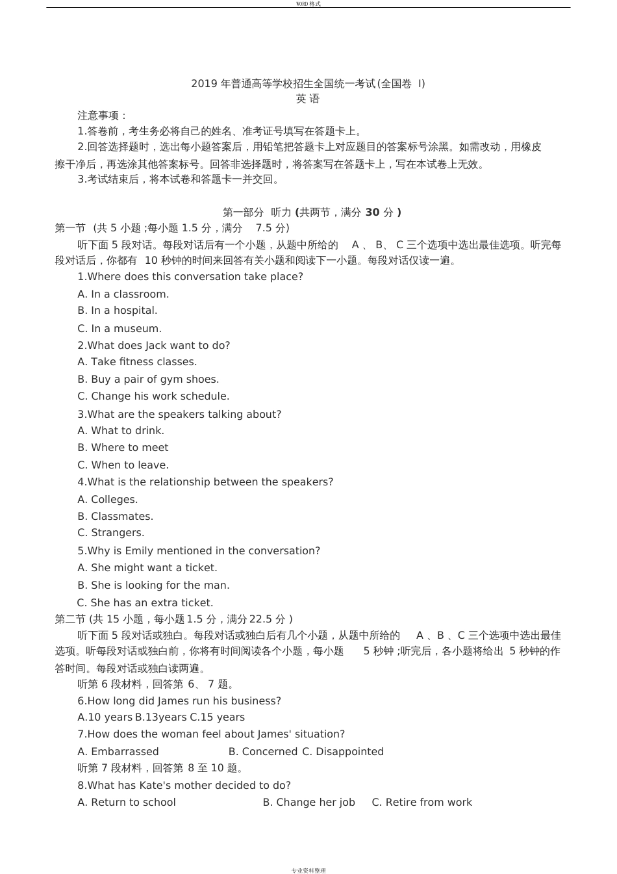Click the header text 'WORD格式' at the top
click(308, 4)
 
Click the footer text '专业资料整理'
click(308, 870)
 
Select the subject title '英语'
click(308, 99)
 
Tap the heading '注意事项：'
click(103, 115)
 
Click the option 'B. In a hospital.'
click(118, 311)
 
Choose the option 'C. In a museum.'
click(120, 328)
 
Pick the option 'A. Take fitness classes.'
click(137, 362)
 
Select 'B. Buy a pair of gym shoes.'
click(148, 379)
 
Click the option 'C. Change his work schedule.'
click(153, 396)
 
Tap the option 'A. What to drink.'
click(121, 431)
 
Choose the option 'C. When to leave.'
click(123, 465)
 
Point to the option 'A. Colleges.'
click(108, 500)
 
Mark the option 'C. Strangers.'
click(111, 533)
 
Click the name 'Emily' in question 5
click(139, 551)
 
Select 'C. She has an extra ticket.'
click(145, 603)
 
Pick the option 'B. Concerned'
click(263, 752)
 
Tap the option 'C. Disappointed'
click(343, 752)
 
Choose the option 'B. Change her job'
click(308, 803)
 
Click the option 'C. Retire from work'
click(422, 803)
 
